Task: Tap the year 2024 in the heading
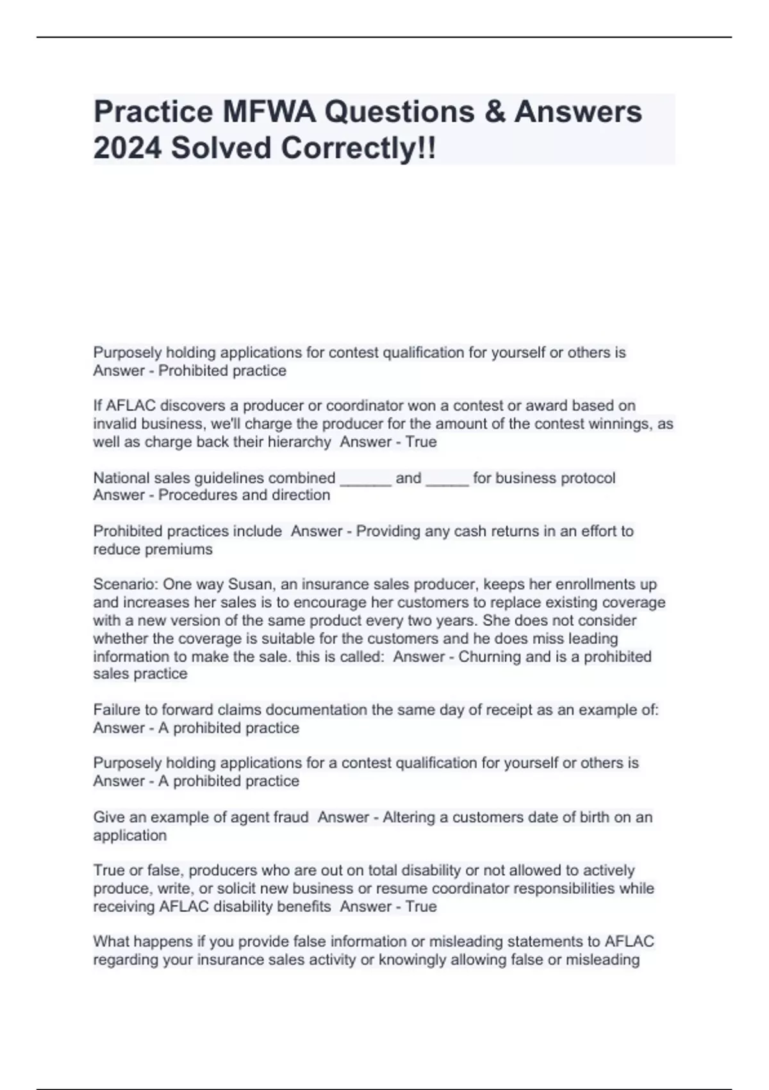pyautogui.click(x=127, y=148)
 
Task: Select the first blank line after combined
pyautogui.click(x=365, y=479)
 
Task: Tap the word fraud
pyautogui.click(x=292, y=817)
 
